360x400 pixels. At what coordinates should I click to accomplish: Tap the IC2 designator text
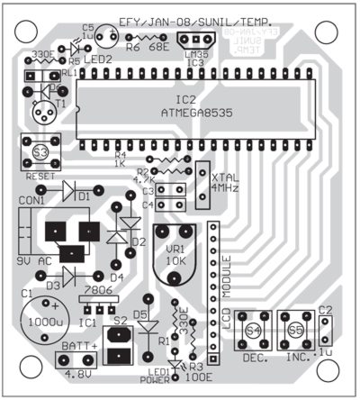click(x=185, y=99)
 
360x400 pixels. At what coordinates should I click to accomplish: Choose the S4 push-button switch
click(x=253, y=332)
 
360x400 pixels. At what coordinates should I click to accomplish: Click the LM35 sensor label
click(x=192, y=55)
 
